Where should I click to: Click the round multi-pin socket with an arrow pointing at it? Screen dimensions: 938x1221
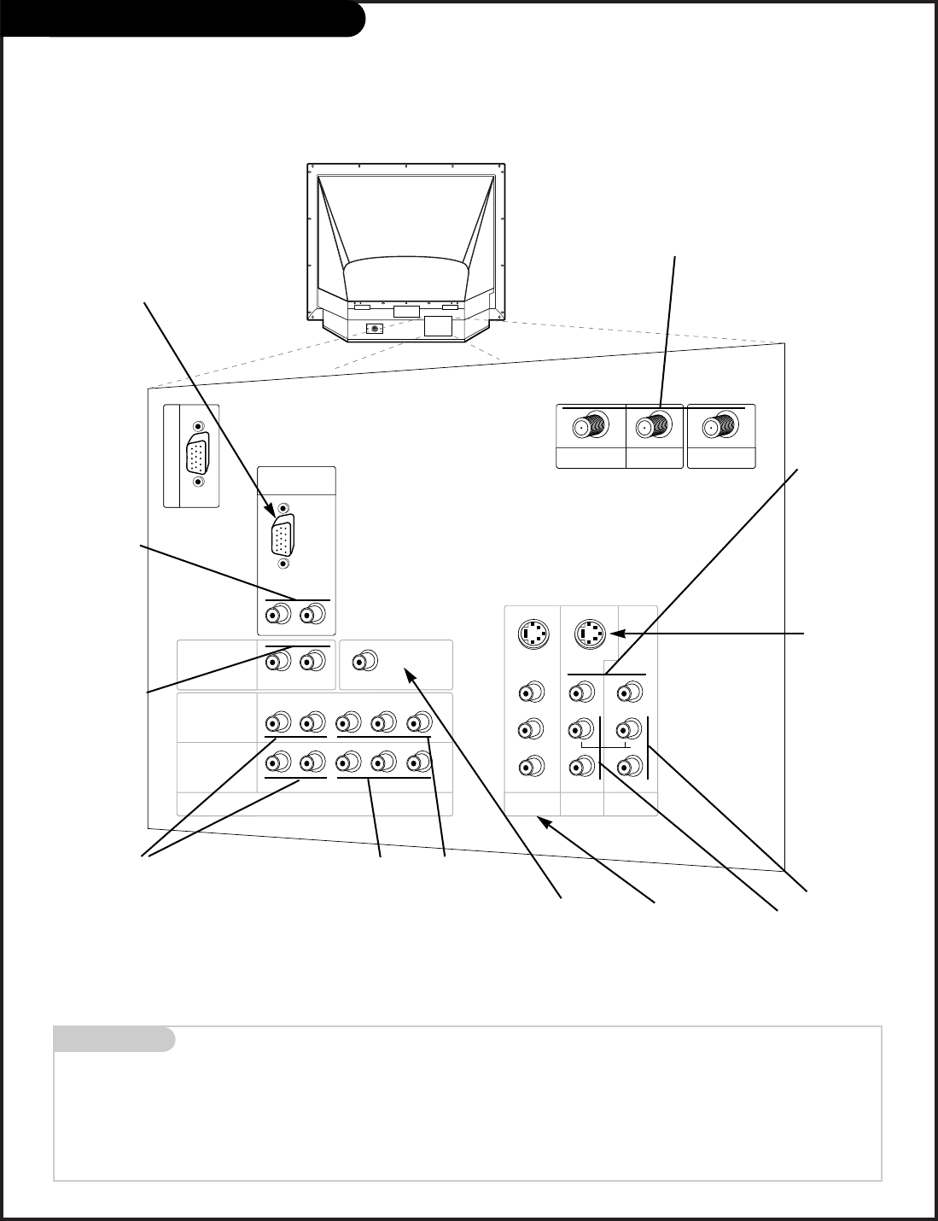click(x=590, y=634)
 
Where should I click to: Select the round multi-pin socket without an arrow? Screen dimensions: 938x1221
click(x=533, y=634)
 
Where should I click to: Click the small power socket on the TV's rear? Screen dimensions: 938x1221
click(x=372, y=328)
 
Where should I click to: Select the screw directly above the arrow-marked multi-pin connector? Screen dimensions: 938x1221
click(x=283, y=508)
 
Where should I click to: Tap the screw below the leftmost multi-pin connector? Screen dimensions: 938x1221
click(x=199, y=482)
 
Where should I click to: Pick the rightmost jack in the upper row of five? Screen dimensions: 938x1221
click(x=417, y=722)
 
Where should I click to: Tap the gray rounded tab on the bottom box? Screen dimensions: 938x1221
click(x=114, y=1039)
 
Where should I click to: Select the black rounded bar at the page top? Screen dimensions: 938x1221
click(x=183, y=19)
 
